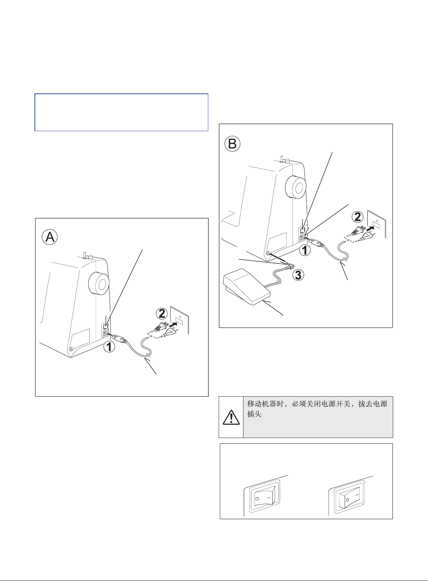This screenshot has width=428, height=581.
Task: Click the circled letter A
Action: pyautogui.click(x=50, y=237)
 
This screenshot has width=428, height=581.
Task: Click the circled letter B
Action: pyautogui.click(x=232, y=144)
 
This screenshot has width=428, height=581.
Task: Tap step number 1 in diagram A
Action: pyautogui.click(x=110, y=347)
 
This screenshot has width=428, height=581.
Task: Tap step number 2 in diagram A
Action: pyautogui.click(x=162, y=314)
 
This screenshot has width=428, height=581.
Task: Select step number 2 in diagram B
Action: pyautogui.click(x=358, y=217)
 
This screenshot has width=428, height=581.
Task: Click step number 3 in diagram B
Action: pyautogui.click(x=299, y=275)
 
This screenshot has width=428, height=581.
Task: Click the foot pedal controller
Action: pyautogui.click(x=247, y=286)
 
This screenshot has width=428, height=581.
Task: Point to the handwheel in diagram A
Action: pyautogui.click(x=99, y=283)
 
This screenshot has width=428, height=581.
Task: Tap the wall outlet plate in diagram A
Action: pyautogui.click(x=180, y=321)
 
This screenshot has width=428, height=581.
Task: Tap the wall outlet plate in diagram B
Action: pyautogui.click(x=377, y=224)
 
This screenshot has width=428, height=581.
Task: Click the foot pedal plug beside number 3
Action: pyautogui.click(x=290, y=266)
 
